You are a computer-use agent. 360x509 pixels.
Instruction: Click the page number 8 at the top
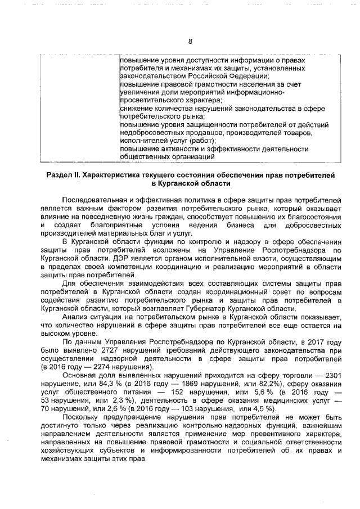click(190, 42)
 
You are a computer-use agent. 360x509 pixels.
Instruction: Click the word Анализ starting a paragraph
click(75, 318)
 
